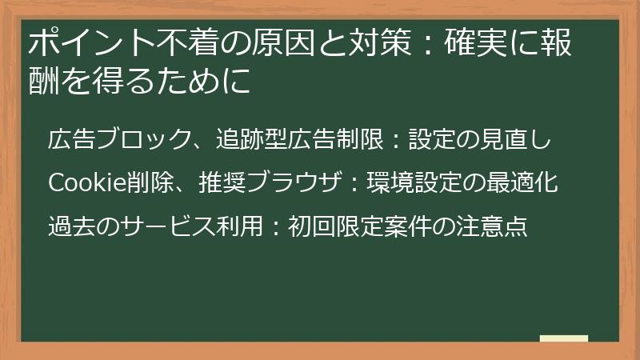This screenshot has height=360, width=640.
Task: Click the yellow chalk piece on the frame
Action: [564, 339]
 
